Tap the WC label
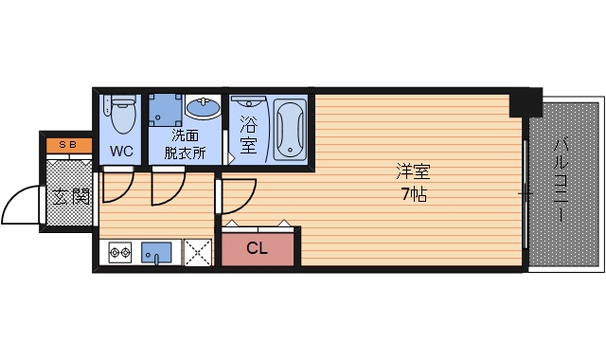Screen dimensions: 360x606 point(121,152)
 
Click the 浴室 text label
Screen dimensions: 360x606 point(249,134)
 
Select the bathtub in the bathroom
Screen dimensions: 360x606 point(290,130)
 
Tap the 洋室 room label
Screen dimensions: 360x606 point(414,173)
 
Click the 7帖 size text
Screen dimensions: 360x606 point(414,196)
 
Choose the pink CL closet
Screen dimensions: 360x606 point(258,249)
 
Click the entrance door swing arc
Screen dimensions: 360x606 point(21,204)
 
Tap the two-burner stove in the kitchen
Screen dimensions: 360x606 point(120,253)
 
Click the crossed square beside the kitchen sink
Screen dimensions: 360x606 point(198,253)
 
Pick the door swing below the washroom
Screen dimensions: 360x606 point(166,188)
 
